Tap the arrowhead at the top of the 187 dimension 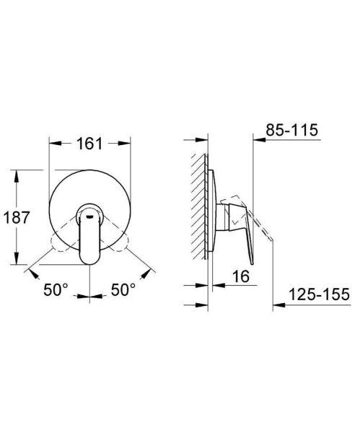(16, 173)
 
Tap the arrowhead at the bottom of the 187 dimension (16, 263)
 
